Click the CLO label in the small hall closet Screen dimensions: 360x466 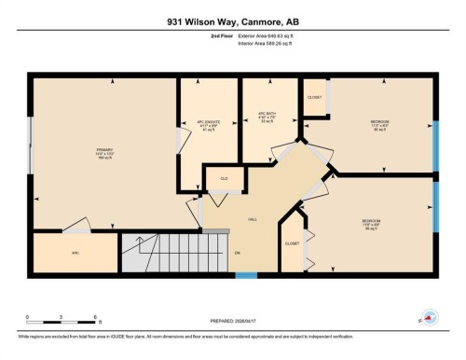[x=224, y=178]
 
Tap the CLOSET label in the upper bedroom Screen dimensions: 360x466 [x=315, y=98]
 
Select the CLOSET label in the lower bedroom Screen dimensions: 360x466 [x=293, y=242]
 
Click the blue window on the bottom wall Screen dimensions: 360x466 [x=245, y=275]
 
